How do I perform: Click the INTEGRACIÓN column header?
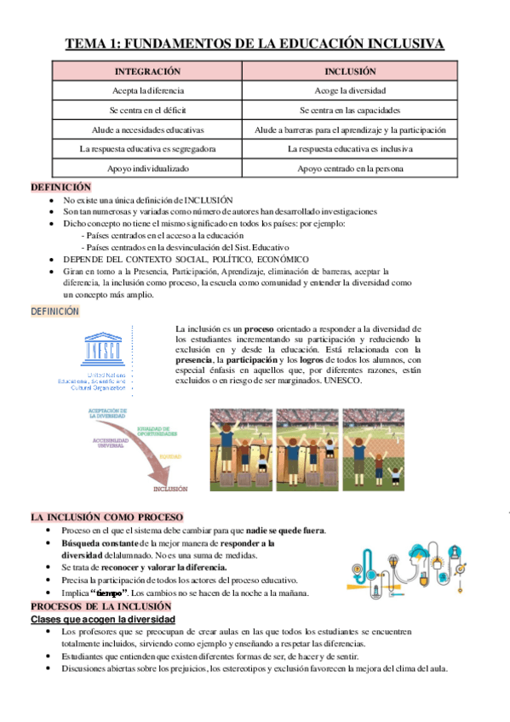click(148, 72)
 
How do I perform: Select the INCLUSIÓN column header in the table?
click(350, 72)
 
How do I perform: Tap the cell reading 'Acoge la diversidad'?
click(350, 90)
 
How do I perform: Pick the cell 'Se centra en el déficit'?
click(148, 111)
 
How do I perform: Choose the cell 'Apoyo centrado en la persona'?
click(350, 169)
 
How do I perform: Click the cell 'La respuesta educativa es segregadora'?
click(148, 149)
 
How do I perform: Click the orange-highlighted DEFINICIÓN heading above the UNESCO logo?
click(55, 312)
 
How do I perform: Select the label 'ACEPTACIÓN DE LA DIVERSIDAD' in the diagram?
click(107, 413)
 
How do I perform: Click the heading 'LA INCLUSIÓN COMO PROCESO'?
click(106, 517)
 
